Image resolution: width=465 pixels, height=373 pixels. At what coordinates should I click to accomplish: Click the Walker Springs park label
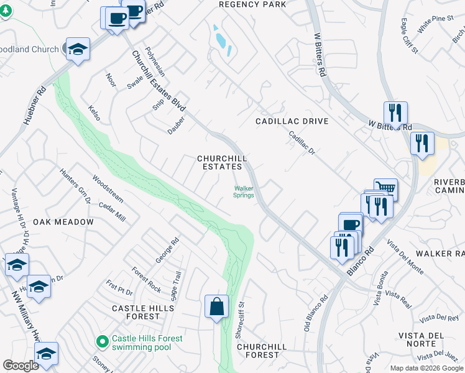click(243, 191)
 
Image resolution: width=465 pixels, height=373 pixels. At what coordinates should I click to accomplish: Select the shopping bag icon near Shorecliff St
click(216, 306)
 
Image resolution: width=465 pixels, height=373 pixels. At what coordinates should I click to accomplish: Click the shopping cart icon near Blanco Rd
click(386, 188)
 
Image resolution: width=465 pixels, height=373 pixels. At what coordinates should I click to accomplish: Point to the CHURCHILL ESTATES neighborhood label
click(219, 162)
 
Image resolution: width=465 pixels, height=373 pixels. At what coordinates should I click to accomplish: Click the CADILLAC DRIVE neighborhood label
click(292, 121)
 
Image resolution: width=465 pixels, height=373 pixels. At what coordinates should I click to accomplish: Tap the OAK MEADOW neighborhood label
click(63, 222)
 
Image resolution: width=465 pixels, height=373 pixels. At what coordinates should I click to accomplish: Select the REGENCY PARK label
click(252, 4)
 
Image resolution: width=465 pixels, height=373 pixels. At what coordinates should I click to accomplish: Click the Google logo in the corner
click(21, 366)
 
